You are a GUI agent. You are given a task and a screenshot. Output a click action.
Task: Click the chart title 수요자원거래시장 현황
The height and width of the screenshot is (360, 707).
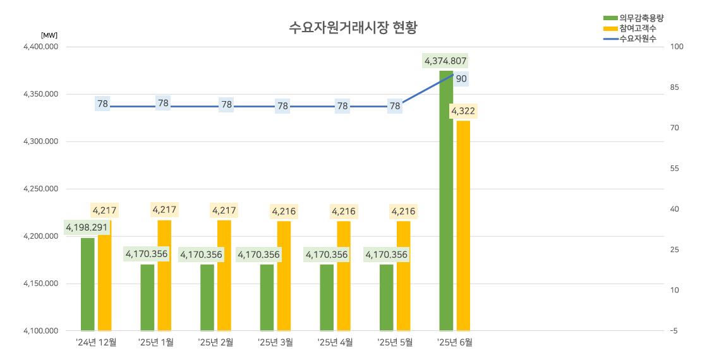[354, 28]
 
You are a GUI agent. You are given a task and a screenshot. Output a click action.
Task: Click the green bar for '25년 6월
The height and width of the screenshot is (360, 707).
[446, 202]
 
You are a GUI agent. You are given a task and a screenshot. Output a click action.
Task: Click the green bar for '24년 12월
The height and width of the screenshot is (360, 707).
[88, 284]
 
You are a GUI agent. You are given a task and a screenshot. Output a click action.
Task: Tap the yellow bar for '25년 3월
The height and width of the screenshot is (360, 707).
[284, 276]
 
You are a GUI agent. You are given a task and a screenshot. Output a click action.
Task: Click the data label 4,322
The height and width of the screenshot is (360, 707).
[463, 111]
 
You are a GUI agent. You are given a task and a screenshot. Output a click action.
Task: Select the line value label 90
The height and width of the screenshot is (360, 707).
[461, 79]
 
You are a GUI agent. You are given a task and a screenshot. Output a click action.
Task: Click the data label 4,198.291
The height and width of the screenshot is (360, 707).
[87, 227]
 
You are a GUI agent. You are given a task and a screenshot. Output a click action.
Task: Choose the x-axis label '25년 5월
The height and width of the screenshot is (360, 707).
[395, 342]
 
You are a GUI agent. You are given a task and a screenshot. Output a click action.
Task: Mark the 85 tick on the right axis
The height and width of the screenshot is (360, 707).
[675, 87]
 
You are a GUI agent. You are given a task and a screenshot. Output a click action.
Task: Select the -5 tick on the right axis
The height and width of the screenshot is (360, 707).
[674, 331]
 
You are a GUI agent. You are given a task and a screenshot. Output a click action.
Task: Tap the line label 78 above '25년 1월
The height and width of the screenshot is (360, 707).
[163, 103]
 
